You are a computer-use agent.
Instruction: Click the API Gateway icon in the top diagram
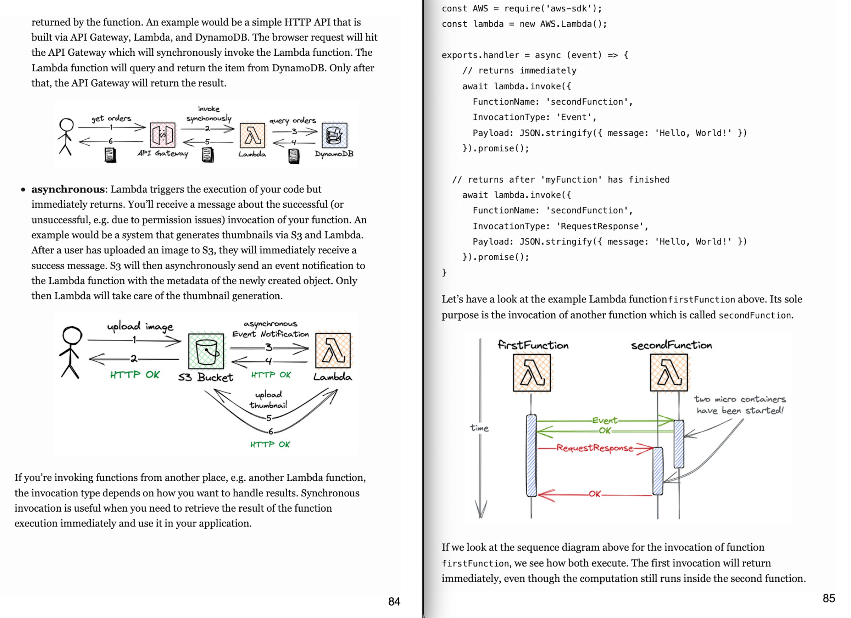pyautogui.click(x=162, y=135)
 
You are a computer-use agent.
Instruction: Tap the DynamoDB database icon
pyautogui.click(x=334, y=135)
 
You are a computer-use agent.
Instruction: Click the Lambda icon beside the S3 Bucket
pyautogui.click(x=333, y=350)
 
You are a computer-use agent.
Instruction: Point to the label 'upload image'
pyautogui.click(x=140, y=327)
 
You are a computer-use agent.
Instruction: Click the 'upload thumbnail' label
pyautogui.click(x=268, y=400)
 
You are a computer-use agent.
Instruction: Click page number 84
pyautogui.click(x=394, y=601)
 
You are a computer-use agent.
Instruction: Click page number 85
pyautogui.click(x=829, y=598)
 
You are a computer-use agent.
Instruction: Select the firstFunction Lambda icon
pyautogui.click(x=532, y=373)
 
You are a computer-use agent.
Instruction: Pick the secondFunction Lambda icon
pyautogui.click(x=669, y=373)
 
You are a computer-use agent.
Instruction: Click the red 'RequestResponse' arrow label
pyautogui.click(x=594, y=448)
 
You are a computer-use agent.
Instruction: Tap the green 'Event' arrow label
pyautogui.click(x=605, y=421)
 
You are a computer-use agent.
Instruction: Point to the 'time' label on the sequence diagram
pyautogui.click(x=479, y=428)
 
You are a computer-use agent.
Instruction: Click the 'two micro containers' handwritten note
pyautogui.click(x=739, y=405)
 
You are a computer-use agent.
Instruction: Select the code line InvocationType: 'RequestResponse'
pyautogui.click(x=560, y=226)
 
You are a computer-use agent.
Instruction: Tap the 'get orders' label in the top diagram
pyautogui.click(x=111, y=118)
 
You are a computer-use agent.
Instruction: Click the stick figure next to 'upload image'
pyautogui.click(x=71, y=352)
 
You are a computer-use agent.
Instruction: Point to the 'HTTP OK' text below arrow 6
pyautogui.click(x=270, y=445)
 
